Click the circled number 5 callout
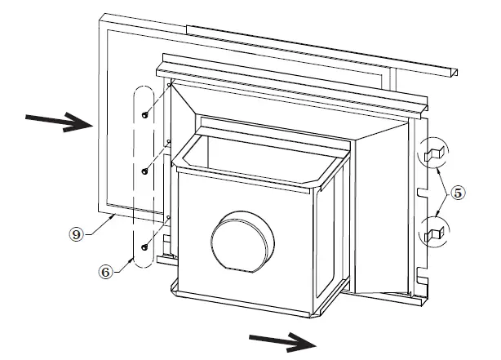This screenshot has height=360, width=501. [x=459, y=193]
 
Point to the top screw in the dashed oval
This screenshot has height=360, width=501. [x=144, y=115]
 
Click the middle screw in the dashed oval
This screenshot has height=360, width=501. [x=144, y=171]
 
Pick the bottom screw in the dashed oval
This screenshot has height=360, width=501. [x=144, y=246]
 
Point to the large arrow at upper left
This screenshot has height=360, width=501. [x=61, y=122]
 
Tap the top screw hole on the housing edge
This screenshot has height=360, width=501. [x=168, y=84]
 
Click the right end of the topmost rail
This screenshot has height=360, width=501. [x=450, y=73]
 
